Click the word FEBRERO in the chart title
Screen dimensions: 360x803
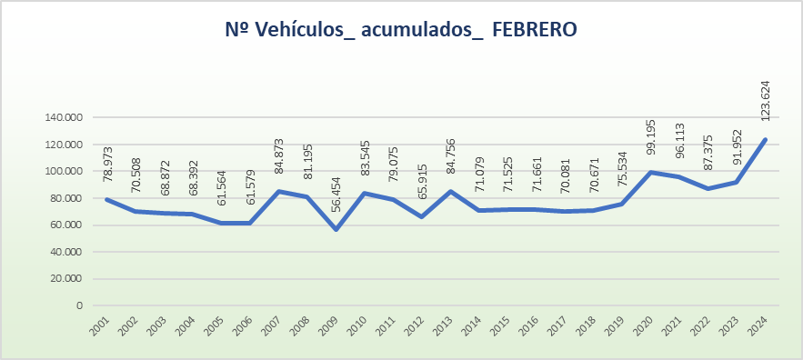click(x=535, y=30)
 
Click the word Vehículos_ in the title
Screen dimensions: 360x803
click(x=305, y=30)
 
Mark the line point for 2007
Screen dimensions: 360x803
click(x=278, y=191)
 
